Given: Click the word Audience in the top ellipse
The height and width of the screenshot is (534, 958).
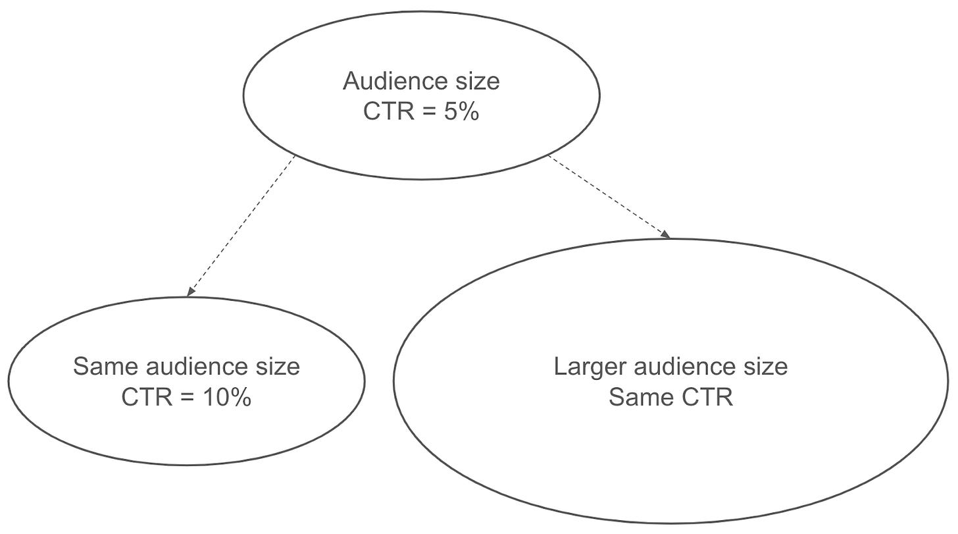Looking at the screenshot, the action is pos(398,80).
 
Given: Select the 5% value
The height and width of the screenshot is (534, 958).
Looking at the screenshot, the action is pos(462,112).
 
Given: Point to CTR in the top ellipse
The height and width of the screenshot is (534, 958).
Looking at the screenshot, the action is pos(389,112).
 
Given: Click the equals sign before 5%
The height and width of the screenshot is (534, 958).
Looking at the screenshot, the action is pos(430,112).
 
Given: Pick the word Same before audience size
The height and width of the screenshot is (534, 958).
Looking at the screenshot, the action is pos(106,366).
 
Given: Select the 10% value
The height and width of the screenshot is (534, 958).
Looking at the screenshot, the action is pos(227,398).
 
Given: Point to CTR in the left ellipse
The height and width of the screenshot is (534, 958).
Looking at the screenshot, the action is pos(147,398).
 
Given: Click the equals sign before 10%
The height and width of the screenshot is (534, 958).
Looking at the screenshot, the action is pos(188,398).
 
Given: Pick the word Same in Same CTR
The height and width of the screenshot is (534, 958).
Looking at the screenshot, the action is pos(642,398).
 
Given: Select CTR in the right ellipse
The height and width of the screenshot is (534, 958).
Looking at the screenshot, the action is pos(707,398).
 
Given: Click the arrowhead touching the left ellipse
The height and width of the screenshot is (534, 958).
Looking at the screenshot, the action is pos(191,291).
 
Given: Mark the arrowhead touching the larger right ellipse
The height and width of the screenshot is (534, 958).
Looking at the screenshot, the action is pos(665,234).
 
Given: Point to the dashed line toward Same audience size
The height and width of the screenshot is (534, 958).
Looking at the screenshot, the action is pos(241,226).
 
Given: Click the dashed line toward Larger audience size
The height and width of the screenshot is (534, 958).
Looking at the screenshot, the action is pos(609,197).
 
